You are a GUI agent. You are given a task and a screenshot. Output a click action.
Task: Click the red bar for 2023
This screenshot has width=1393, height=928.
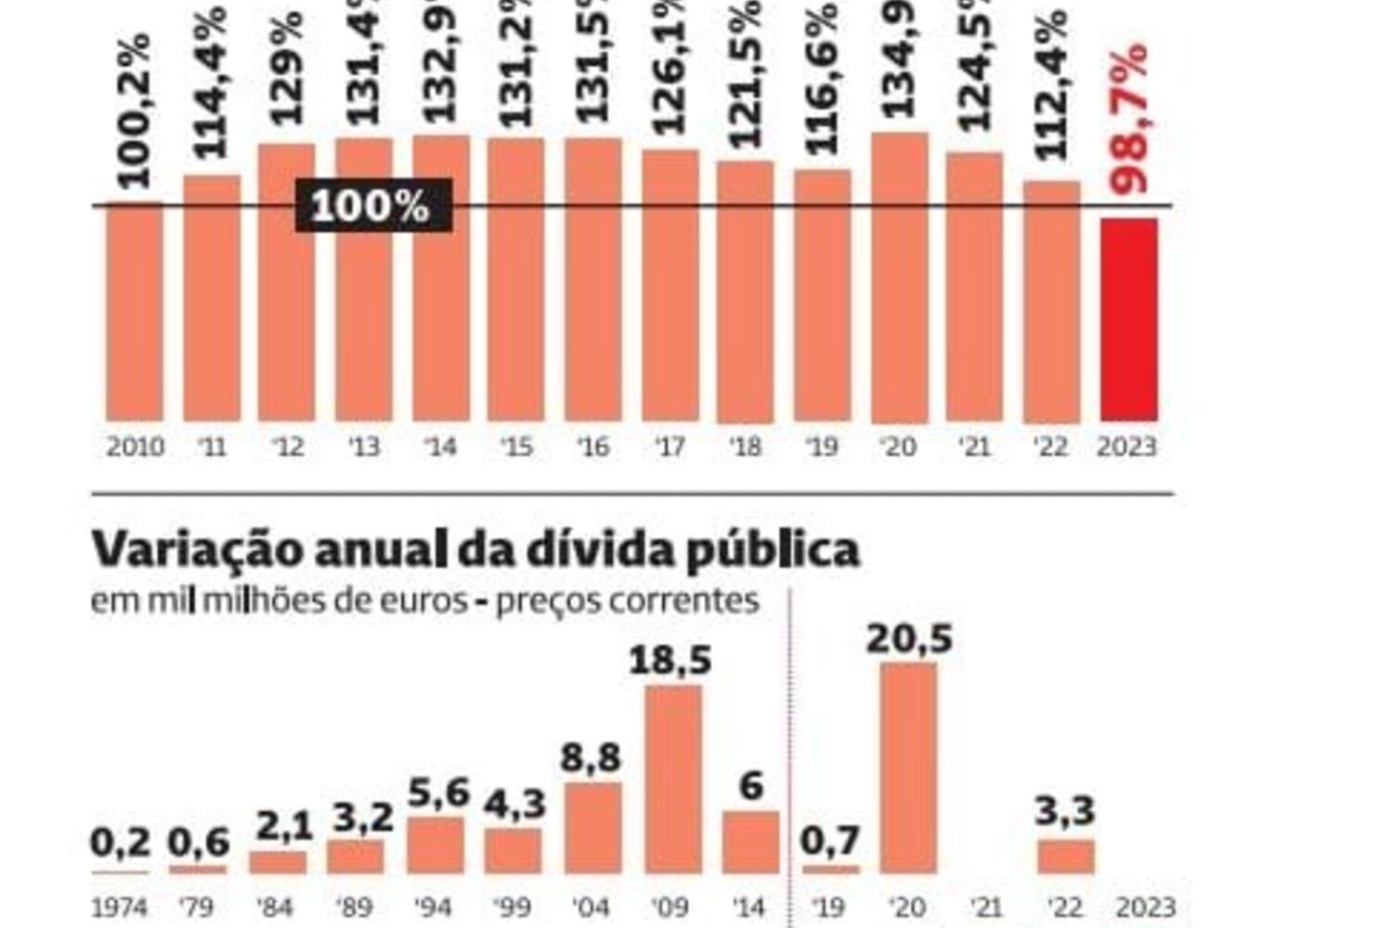pyautogui.click(x=1128, y=320)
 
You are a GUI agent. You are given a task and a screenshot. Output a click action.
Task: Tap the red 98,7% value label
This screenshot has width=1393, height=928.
pyautogui.click(x=1128, y=119)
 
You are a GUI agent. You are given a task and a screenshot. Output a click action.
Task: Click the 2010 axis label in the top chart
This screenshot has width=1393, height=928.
pyautogui.click(x=136, y=447)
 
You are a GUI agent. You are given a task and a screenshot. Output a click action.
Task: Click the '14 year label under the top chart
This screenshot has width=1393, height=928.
pyautogui.click(x=441, y=447)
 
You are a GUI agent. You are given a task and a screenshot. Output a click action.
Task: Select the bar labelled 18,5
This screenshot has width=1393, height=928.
pyautogui.click(x=673, y=780)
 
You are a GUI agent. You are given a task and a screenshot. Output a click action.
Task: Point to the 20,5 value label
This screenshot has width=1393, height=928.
pyautogui.click(x=909, y=639)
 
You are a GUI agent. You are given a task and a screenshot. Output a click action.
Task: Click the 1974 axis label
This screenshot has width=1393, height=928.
pyautogui.click(x=120, y=907)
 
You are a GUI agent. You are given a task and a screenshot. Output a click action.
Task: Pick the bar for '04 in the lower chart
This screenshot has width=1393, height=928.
pyautogui.click(x=592, y=828)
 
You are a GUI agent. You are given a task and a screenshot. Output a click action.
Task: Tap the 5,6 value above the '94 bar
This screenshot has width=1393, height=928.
pyautogui.click(x=438, y=793)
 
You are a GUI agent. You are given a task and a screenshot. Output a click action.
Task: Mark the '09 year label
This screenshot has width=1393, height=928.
pyautogui.click(x=671, y=907)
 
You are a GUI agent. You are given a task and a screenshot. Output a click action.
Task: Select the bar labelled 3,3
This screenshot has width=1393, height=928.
pyautogui.click(x=1065, y=857)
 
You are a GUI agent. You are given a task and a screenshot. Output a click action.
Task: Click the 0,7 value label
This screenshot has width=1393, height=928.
pyautogui.click(x=830, y=842)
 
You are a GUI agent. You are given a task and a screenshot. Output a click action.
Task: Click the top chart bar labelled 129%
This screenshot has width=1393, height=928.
pyautogui.click(x=286, y=282)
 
